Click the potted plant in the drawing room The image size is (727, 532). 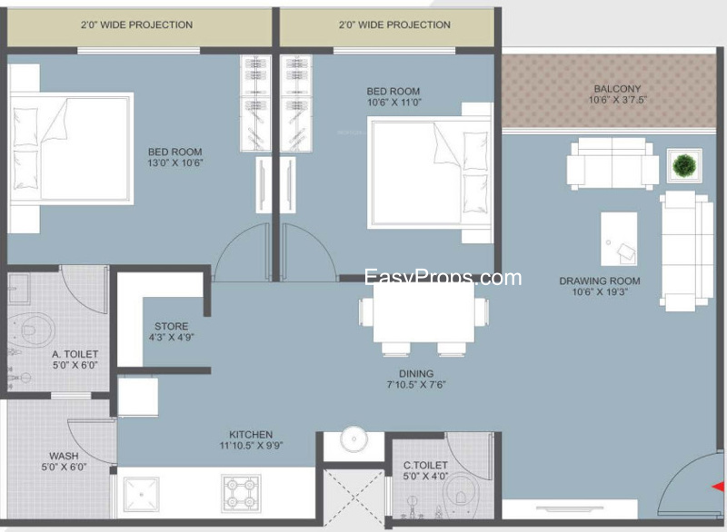click(x=684, y=165)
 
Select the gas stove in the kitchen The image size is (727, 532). click(x=241, y=493)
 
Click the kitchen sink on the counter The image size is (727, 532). click(x=142, y=494)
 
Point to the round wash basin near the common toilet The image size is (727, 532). click(x=354, y=438)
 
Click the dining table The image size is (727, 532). click(x=423, y=312)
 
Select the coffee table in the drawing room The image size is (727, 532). click(x=619, y=239)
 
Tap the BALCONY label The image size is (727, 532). click(x=617, y=88)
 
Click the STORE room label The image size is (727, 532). click(x=171, y=326)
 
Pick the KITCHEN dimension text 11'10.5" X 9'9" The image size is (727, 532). click(x=251, y=446)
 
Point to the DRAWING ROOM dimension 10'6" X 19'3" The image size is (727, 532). click(x=600, y=291)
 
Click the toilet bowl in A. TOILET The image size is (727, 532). click(x=31, y=330)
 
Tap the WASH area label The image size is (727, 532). click(x=64, y=456)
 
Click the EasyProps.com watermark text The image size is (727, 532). click(x=443, y=277)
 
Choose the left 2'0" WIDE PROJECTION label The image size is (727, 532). click(x=137, y=25)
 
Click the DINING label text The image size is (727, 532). click(x=416, y=373)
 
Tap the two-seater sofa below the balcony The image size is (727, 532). click(x=612, y=163)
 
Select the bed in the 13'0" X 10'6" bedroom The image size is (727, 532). click(x=72, y=148)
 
